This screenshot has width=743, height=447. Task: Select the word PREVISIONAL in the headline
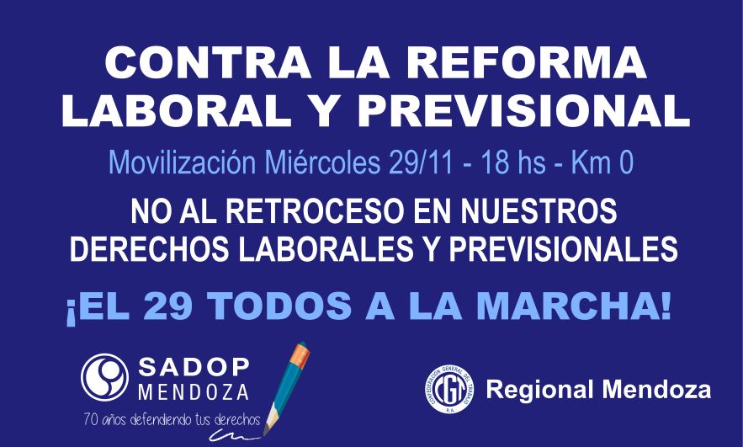point(523,111)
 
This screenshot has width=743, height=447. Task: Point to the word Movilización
point(183,162)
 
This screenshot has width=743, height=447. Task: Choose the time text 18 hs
point(513,162)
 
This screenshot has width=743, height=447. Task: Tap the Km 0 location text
point(602,162)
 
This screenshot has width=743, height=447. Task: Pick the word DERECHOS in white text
point(151,247)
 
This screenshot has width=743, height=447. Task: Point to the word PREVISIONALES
point(564,247)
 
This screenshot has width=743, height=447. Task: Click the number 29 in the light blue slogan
point(167,306)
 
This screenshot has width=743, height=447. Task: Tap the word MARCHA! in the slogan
point(574,306)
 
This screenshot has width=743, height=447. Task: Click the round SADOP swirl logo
point(104,377)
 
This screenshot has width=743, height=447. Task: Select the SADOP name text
point(194,366)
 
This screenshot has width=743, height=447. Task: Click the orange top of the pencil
point(300,354)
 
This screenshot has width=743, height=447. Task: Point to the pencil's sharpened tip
point(265,433)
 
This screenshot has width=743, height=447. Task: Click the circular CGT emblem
point(449,389)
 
